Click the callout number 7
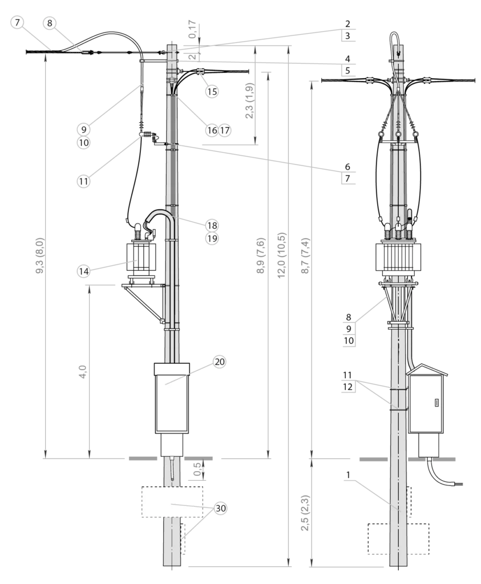click(18, 23)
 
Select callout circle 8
click(50, 23)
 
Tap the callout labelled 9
click(84, 129)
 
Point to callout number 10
click(84, 143)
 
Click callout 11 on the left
click(84, 182)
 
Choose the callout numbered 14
click(84, 271)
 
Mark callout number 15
click(212, 91)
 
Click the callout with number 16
click(212, 131)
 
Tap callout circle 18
click(212, 225)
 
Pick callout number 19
click(212, 238)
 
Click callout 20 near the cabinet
click(220, 362)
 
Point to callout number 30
click(220, 508)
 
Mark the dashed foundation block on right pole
click(397, 538)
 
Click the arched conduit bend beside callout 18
click(161, 216)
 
